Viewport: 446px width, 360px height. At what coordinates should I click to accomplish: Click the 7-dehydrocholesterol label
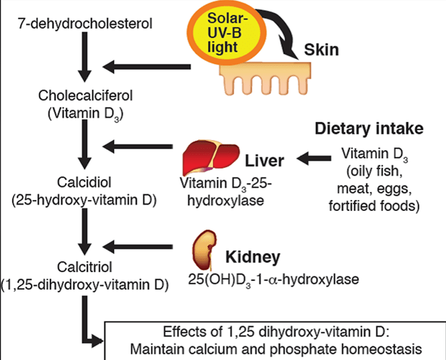coord(84,23)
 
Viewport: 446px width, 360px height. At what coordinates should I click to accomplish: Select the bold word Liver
coord(265,161)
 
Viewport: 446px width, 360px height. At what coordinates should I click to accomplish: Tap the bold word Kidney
coord(252,257)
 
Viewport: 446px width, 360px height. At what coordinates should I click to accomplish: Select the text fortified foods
coord(373,206)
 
